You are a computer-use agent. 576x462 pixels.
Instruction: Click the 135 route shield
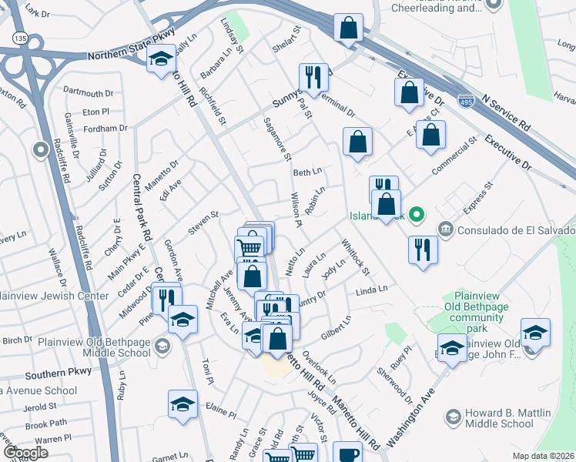point(19,38)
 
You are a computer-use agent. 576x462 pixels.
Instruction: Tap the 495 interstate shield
point(465,101)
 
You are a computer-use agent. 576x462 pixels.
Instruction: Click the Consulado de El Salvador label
point(514,230)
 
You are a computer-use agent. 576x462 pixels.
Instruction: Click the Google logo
point(26,452)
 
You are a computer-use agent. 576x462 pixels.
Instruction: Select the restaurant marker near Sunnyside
point(313,77)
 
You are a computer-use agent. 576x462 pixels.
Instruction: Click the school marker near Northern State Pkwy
point(161,59)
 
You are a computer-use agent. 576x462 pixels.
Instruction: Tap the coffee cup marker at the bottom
point(347,454)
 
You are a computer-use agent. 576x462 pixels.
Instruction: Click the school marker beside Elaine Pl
point(183,403)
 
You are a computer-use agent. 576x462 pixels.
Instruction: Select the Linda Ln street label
point(370,291)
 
